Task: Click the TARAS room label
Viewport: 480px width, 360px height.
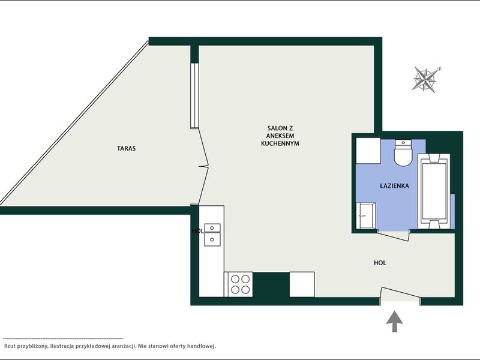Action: (126, 148)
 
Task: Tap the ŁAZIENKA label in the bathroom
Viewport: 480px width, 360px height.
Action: (394, 185)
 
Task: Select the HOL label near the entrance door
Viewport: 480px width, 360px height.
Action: (380, 263)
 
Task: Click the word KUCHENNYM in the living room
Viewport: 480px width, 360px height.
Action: (280, 143)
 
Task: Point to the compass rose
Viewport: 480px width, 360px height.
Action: (425, 79)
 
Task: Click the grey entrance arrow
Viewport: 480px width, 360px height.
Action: (394, 322)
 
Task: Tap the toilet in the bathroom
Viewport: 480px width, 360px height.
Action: (403, 153)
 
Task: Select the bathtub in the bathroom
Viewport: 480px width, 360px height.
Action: (434, 191)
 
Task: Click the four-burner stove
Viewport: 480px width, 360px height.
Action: (238, 284)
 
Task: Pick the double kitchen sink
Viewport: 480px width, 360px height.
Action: (212, 235)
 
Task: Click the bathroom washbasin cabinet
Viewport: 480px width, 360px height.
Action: (365, 215)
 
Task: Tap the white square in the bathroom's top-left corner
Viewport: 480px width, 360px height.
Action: (368, 151)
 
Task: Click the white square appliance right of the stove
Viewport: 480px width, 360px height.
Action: (302, 284)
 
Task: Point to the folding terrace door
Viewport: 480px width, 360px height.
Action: (203, 167)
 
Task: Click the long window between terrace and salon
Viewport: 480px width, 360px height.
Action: (194, 95)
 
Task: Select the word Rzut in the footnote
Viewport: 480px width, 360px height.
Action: (10, 346)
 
